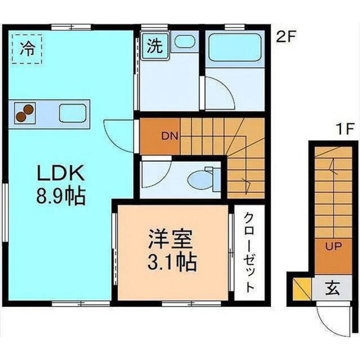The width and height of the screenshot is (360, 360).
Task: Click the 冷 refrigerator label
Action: click(x=27, y=49)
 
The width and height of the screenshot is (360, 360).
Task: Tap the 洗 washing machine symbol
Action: click(x=155, y=45)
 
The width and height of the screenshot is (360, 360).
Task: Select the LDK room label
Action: click(x=61, y=173)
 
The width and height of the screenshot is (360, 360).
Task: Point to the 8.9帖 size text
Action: click(x=61, y=196)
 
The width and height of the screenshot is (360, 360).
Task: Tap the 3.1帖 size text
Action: click(x=172, y=261)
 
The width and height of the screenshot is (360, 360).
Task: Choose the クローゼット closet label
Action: click(x=249, y=252)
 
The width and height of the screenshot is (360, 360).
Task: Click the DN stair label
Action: click(x=169, y=136)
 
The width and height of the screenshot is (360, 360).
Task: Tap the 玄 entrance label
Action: click(x=332, y=288)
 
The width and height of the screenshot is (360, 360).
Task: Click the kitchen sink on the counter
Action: click(x=73, y=112)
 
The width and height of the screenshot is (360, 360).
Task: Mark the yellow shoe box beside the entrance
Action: click(x=302, y=289)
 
